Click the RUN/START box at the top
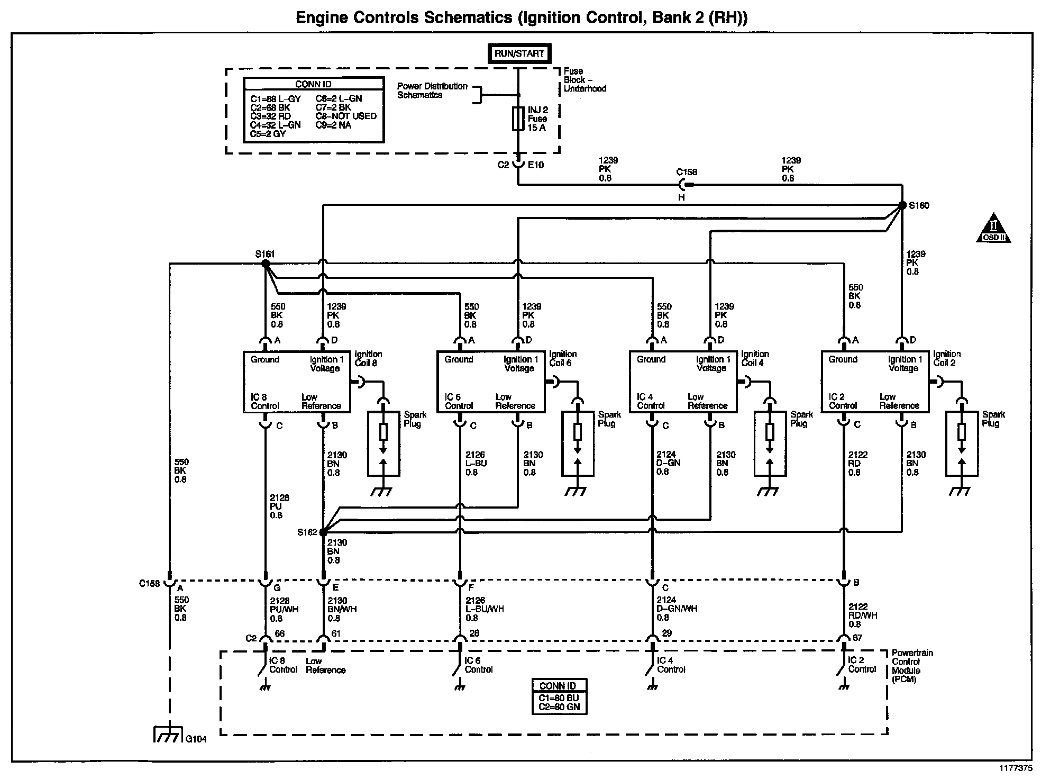pos(519,53)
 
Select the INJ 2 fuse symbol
pos(518,119)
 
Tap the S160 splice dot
pos(902,205)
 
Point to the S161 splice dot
pos(265,262)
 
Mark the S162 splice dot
pos(323,532)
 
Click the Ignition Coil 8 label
pos(368,358)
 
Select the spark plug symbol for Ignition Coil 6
pos(578,443)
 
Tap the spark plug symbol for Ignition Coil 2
pos(961,443)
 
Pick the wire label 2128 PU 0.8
pos(279,506)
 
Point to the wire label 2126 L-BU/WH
pos(485,609)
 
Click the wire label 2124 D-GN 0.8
pos(668,463)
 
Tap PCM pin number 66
pos(279,634)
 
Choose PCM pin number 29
pos(666,633)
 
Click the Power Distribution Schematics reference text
pos(432,90)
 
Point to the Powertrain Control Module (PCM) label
pos(912,666)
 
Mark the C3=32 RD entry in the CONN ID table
pos(270,116)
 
